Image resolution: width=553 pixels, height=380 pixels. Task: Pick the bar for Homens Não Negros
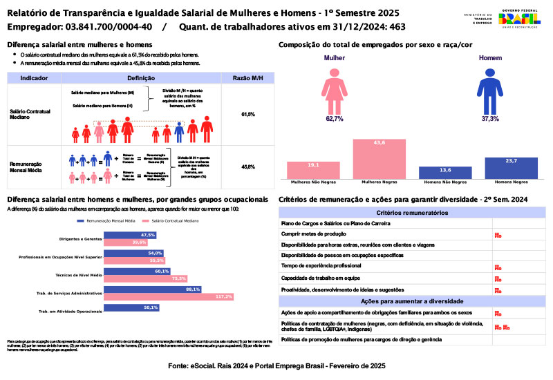point(445,172)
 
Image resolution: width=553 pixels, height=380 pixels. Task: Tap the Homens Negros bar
point(511,168)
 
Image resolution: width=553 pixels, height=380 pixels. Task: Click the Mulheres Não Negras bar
point(313,170)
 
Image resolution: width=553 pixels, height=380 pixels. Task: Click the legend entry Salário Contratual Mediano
point(172,221)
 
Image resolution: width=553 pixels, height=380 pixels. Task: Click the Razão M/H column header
point(248,78)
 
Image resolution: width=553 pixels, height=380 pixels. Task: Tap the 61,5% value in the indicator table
point(248,114)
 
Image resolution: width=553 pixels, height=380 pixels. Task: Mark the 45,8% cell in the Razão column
point(248,167)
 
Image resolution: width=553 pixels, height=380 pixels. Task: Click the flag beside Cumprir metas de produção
point(498,235)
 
